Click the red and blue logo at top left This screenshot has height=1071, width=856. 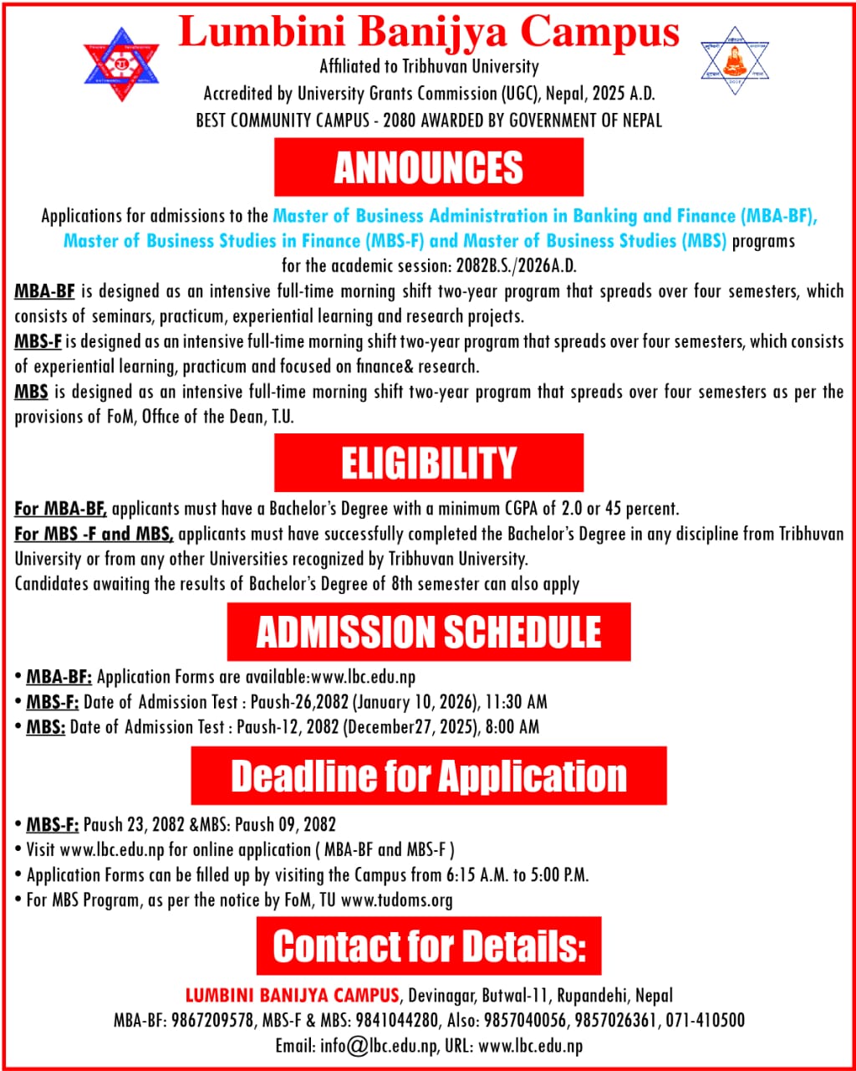tap(121, 64)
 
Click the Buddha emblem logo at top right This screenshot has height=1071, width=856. tap(735, 60)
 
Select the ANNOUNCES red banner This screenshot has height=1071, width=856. tap(428, 167)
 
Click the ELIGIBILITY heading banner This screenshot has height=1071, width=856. tap(428, 463)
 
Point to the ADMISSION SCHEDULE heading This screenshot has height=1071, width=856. tap(428, 632)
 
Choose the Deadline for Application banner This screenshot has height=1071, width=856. tap(428, 776)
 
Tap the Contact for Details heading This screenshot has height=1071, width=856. tap(428, 946)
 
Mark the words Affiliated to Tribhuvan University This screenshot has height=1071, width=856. tap(429, 66)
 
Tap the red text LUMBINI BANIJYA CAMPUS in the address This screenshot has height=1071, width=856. tap(292, 996)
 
